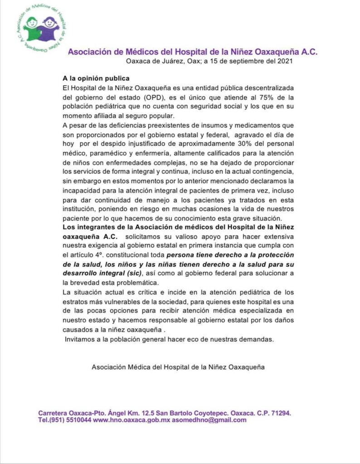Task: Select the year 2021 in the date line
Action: pyautogui.click(x=285, y=62)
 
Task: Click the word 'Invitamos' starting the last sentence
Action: pyautogui.click(x=81, y=339)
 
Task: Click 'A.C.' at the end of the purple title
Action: pyautogui.click(x=307, y=52)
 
